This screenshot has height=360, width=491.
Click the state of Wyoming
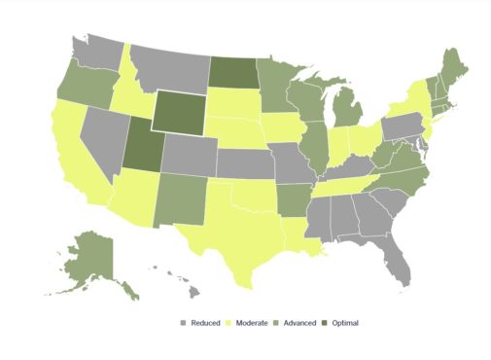(x=179, y=114)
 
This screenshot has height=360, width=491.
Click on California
(x=73, y=156)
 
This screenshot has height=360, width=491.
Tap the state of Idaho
(x=130, y=93)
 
